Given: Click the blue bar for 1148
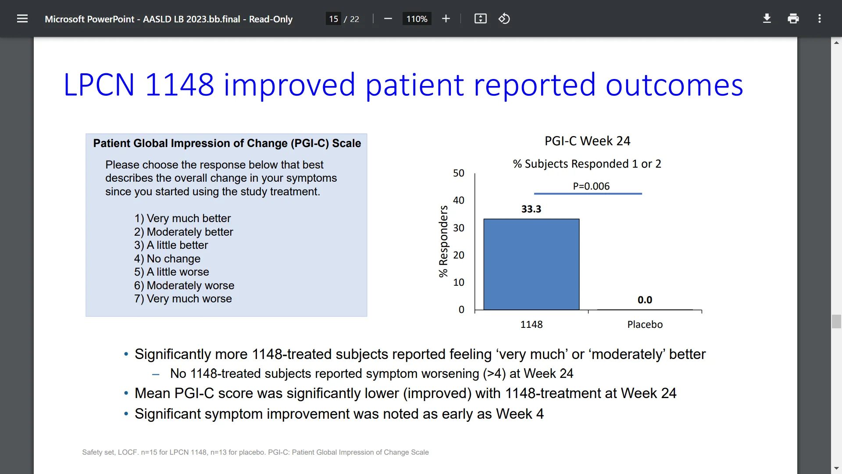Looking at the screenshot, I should (x=531, y=264).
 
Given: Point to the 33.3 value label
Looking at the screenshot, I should (x=531, y=209).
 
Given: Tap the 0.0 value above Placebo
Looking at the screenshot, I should (x=645, y=300).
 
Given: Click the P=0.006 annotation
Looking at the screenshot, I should (x=591, y=186).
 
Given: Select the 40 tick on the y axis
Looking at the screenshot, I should (x=458, y=201).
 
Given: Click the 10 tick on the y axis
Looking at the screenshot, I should (x=458, y=282).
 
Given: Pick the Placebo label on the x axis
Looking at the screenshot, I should (x=645, y=324).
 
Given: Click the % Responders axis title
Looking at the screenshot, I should (x=443, y=241).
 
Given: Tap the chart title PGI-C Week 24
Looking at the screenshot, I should (x=587, y=141).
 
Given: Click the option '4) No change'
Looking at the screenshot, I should (x=167, y=259).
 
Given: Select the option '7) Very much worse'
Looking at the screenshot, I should (x=183, y=299).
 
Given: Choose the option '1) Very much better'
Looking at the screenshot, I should (x=182, y=218).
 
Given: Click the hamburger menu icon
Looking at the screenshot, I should (x=22, y=19).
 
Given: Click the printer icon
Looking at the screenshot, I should (x=793, y=19).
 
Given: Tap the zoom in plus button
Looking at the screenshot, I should (x=446, y=19).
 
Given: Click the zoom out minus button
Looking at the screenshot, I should (x=388, y=19).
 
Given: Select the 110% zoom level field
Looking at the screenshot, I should (x=417, y=19).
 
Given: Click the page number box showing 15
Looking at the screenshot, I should (x=333, y=19).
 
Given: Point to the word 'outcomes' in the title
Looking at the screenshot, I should (x=674, y=85).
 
